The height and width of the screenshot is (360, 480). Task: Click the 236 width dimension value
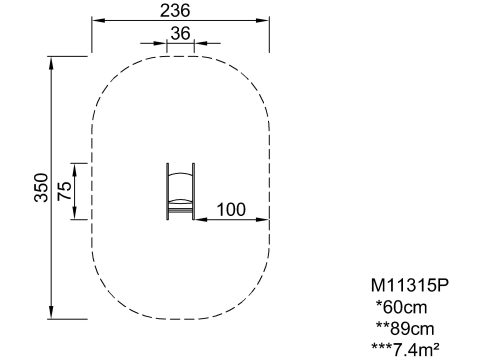(x=175, y=10)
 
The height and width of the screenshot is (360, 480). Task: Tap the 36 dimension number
(x=180, y=33)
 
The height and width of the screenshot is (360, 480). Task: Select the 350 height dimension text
(x=42, y=188)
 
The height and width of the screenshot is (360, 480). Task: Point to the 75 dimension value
(x=64, y=191)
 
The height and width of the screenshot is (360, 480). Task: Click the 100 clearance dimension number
(x=231, y=209)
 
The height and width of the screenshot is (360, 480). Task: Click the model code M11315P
(x=410, y=285)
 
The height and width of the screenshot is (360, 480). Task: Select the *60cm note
(x=401, y=307)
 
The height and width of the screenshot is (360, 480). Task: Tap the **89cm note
(x=405, y=328)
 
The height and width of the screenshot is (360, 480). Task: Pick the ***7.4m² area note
(x=405, y=350)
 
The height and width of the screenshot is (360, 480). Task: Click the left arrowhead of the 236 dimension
(x=97, y=21)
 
